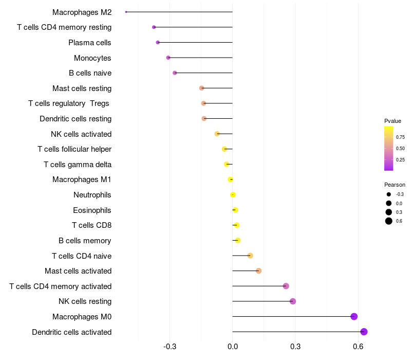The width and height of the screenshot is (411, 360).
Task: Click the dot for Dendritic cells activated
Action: (x=364, y=332)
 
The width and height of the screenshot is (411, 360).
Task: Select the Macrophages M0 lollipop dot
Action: (x=354, y=316)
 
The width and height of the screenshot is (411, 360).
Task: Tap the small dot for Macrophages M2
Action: (x=126, y=12)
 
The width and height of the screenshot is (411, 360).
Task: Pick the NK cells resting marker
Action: (x=293, y=301)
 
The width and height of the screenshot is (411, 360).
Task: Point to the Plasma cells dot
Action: (x=158, y=42)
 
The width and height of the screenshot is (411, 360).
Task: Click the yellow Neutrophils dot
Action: (x=233, y=195)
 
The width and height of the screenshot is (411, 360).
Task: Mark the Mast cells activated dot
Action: (x=258, y=271)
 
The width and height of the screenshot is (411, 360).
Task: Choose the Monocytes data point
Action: (x=168, y=58)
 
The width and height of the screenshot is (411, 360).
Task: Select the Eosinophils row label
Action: (x=92, y=210)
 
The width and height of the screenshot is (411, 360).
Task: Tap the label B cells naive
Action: (x=90, y=73)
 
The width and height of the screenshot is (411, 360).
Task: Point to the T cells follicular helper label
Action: (x=74, y=149)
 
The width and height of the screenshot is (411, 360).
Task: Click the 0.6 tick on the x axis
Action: (x=358, y=347)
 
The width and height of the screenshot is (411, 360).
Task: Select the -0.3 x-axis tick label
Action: (x=170, y=347)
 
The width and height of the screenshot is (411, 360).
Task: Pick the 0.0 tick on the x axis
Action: (x=233, y=347)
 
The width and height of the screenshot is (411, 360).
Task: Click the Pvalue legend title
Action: (x=393, y=121)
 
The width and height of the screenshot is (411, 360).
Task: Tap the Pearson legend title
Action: (x=395, y=185)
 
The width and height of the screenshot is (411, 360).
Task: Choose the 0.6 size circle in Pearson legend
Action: (x=389, y=221)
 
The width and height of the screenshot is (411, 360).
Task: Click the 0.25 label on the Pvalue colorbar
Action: (x=400, y=160)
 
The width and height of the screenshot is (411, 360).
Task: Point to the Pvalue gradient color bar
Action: (x=389, y=148)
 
